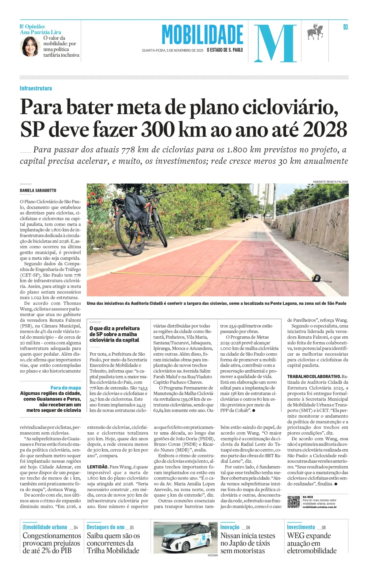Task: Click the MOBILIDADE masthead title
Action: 202,35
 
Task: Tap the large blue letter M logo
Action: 275,43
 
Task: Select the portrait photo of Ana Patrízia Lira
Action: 30,47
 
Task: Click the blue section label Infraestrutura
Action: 36,88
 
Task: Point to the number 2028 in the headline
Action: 325,129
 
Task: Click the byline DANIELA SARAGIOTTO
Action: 38,190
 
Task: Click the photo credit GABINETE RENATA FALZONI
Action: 330,181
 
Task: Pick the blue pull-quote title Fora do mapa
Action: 66,388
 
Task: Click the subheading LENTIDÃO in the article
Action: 98,467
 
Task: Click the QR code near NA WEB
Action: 293,502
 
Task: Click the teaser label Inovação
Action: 230,527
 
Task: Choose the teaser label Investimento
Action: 301,527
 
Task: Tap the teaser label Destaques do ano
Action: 105,527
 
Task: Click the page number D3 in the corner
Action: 345,27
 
